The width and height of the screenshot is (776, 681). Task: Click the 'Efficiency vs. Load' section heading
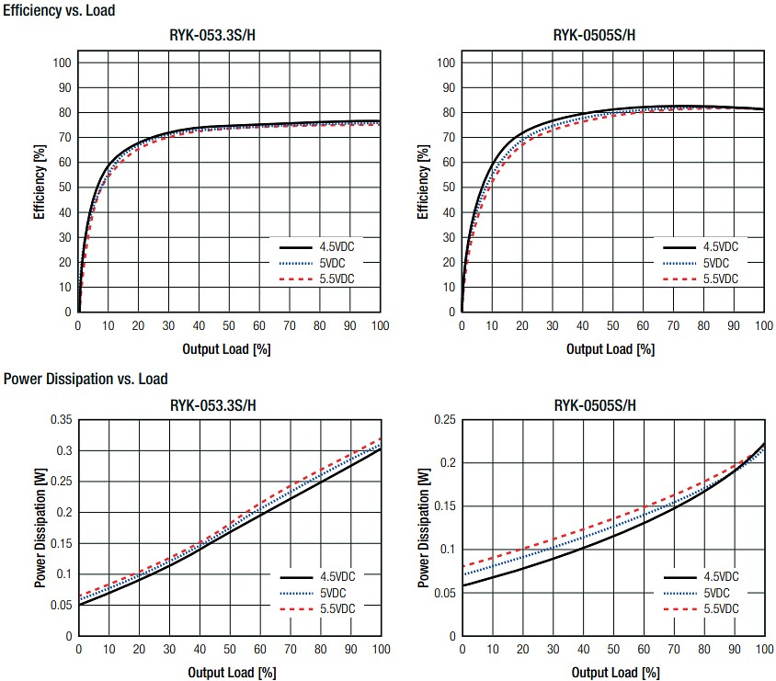(x=60, y=10)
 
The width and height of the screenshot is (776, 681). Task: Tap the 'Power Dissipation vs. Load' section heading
(x=86, y=379)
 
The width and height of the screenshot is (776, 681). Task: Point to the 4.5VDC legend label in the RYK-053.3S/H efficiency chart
(x=337, y=247)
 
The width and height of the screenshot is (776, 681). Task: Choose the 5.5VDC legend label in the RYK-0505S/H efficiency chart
(x=720, y=278)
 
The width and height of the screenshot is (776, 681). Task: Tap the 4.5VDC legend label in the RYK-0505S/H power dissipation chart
(x=720, y=577)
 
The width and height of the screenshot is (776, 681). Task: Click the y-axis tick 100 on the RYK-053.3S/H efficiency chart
(x=63, y=63)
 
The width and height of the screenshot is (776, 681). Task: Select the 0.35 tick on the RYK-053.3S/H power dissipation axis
(x=61, y=419)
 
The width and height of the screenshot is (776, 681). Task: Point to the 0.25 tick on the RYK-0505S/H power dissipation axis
(x=445, y=419)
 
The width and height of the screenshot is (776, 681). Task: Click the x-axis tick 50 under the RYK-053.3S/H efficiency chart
(x=229, y=326)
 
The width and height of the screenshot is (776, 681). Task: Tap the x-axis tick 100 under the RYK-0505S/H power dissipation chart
(x=762, y=650)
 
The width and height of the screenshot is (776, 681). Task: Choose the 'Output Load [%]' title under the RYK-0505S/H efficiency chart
(x=611, y=349)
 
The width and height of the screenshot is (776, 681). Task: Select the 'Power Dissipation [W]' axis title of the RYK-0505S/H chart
(x=422, y=527)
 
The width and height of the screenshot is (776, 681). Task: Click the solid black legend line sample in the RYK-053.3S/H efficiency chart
(x=293, y=247)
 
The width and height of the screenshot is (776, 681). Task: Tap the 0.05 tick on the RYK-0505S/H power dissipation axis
(x=445, y=593)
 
